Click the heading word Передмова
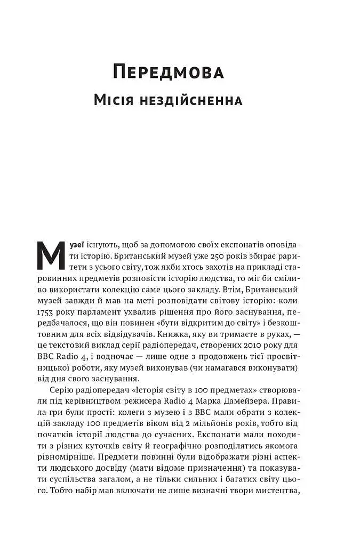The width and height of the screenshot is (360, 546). click(x=168, y=73)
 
